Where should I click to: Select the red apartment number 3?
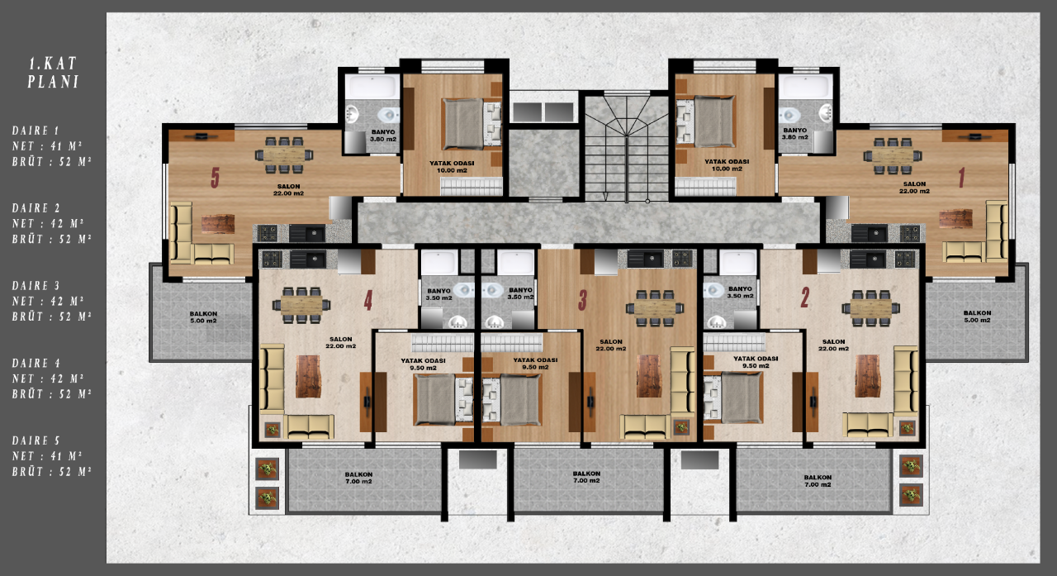click(583, 301)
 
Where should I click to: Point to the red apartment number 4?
click(368, 301)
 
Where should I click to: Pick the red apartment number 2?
click(804, 298)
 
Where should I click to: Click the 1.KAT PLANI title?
click(53, 72)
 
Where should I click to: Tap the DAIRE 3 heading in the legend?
click(36, 285)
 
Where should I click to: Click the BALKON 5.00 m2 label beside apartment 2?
click(977, 317)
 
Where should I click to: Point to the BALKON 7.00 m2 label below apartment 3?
click(587, 478)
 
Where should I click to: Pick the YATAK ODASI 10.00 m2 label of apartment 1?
click(727, 164)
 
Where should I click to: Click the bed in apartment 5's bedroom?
click(467, 124)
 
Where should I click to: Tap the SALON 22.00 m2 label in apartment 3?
click(611, 345)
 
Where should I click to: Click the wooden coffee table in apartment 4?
click(308, 375)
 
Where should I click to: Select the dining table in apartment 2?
click(871, 307)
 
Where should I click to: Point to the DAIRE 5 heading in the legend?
click(36, 440)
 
